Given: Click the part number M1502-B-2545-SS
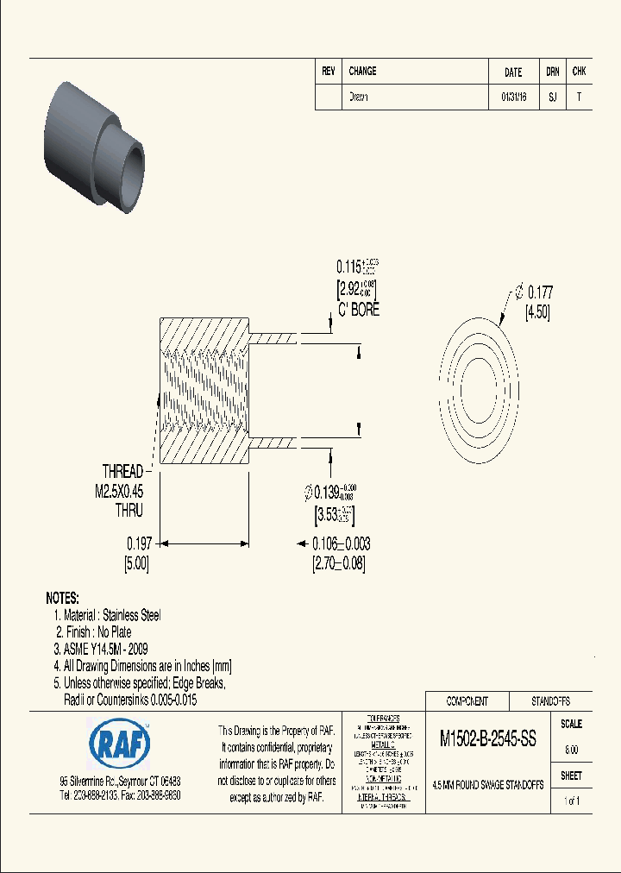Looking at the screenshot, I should click(488, 739).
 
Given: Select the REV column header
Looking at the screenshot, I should click(328, 72).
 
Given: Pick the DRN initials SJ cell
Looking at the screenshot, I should click(552, 97).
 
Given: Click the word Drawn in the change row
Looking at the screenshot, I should click(359, 97).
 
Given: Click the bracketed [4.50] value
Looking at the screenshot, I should click(537, 311).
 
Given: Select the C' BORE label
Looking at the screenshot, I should click(359, 309).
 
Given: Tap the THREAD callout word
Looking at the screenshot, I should click(123, 472).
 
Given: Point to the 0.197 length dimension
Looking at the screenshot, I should click(139, 543).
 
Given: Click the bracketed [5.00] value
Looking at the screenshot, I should click(138, 563).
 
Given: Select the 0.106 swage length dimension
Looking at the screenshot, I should click(341, 543).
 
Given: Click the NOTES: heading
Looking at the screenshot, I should click(62, 598).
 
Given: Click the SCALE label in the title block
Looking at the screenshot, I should click(571, 725).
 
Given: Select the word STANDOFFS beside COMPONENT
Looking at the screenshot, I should click(549, 701).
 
